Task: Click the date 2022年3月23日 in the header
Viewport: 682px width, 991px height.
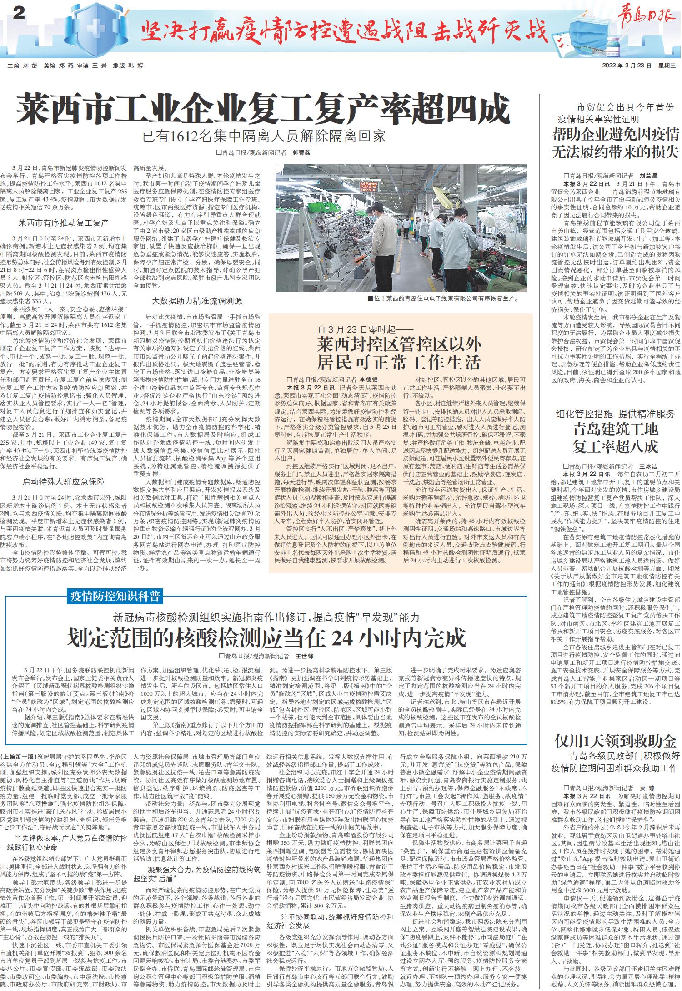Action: (x=627, y=66)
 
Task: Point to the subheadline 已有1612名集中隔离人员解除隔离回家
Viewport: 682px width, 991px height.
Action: (x=264, y=136)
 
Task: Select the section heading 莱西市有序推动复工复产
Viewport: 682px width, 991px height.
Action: (x=63, y=223)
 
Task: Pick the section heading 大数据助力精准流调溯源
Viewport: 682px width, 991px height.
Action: (x=197, y=301)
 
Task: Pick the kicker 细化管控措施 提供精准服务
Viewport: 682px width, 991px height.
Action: (x=615, y=414)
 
